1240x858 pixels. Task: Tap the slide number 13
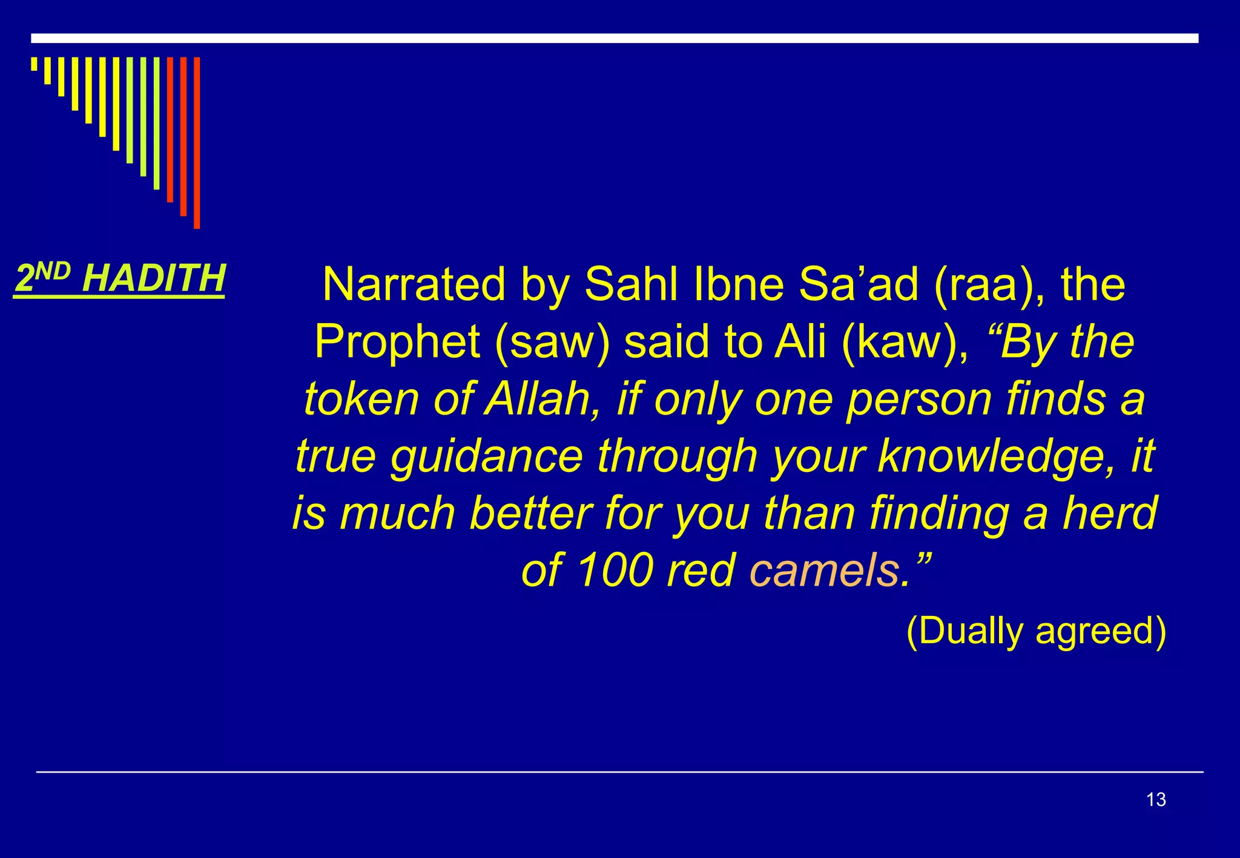pos(1156,799)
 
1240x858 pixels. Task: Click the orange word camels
pos(824,571)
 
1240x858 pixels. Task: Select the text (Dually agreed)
pos(1036,631)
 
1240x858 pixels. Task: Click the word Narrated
pos(414,284)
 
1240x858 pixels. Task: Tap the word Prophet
pos(397,342)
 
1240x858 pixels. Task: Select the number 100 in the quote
pos(616,571)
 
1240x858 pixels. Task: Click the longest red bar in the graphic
pos(197,143)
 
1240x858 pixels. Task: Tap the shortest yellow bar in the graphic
pos(34,64)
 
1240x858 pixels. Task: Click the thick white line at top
pos(614,38)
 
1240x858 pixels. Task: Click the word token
pos(361,399)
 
